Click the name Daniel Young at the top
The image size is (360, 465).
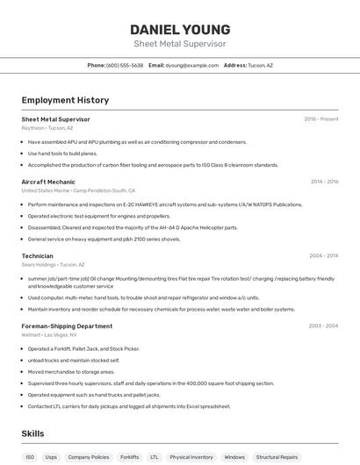[x=180, y=29]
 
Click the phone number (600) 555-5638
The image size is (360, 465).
[x=125, y=65]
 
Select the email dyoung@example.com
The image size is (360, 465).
[x=191, y=65]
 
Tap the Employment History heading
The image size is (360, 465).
[x=65, y=100]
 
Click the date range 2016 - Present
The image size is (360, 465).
[x=321, y=118]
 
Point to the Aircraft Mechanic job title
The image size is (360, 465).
[x=48, y=182]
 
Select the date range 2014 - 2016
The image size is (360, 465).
[x=324, y=182]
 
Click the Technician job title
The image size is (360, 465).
[x=37, y=256]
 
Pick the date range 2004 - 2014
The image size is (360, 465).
[x=324, y=256]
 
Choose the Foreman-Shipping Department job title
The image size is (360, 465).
[x=67, y=326]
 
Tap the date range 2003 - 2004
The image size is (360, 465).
[x=323, y=326]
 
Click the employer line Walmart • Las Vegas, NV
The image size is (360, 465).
[x=50, y=335]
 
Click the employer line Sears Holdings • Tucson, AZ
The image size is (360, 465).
[x=53, y=264]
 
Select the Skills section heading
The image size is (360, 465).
[x=33, y=433]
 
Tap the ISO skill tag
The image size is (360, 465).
[x=30, y=457]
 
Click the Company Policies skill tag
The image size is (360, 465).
[x=89, y=457]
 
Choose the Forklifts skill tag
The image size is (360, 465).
[x=129, y=457]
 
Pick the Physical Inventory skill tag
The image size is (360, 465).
[x=191, y=457]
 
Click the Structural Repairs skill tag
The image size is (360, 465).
[x=277, y=457]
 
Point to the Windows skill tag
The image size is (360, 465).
[x=234, y=457]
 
